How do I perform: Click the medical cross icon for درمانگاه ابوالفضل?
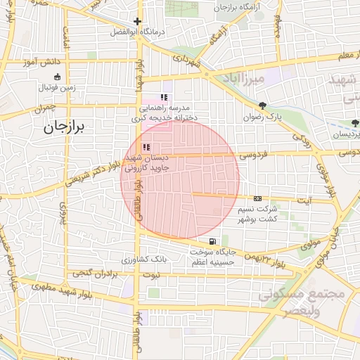tap(138, 21)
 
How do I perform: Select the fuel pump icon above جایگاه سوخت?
tap(213, 242)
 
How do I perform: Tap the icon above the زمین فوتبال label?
tap(57, 77)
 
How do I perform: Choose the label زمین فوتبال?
tap(57, 88)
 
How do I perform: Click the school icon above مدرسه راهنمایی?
tap(164, 98)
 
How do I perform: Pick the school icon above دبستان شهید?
tap(146, 147)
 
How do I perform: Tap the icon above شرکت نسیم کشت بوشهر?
tap(258, 198)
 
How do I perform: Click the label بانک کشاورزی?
tap(144, 259)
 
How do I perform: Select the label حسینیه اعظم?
tap(215, 262)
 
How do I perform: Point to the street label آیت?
tap(305, 200)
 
